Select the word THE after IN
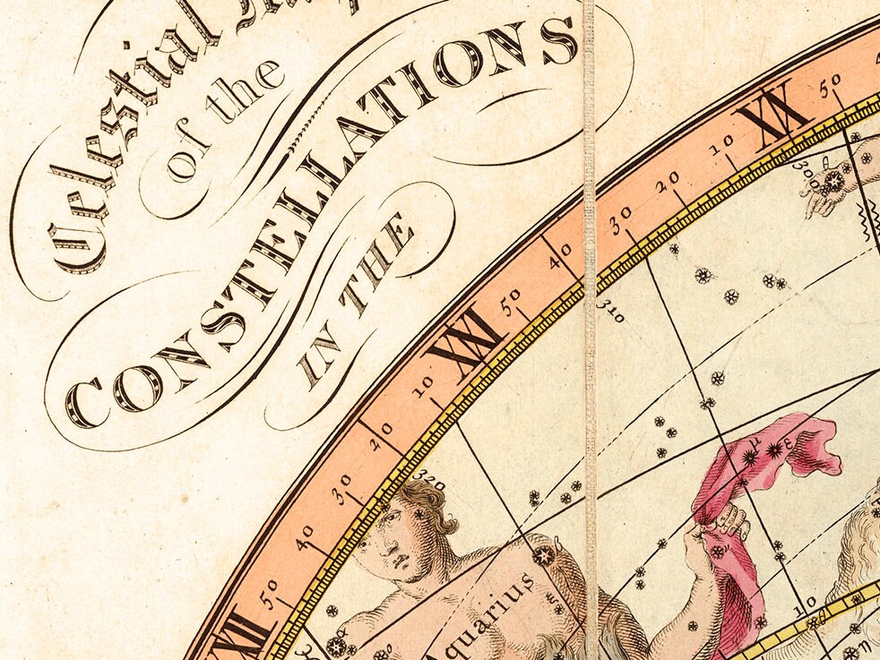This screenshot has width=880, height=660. (x=381, y=260)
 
